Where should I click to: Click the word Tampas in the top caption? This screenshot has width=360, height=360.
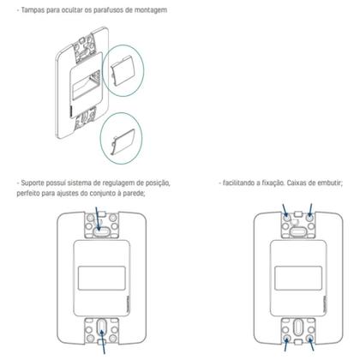[32, 9]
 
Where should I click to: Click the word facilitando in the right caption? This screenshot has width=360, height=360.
[243, 183]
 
